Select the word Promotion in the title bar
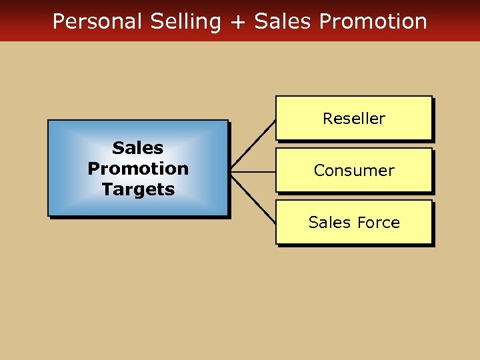tap(373, 21)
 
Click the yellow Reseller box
tap(354, 118)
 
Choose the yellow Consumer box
tap(354, 170)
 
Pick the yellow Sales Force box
tap(354, 222)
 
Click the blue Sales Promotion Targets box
tap(138, 168)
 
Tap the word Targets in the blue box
tap(138, 189)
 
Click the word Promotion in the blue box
tap(138, 169)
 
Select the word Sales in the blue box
tap(138, 147)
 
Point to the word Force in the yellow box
tap(379, 223)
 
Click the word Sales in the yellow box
tap(331, 223)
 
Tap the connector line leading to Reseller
tap(253, 145)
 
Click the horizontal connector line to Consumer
tap(253, 172)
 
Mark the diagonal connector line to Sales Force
tap(253, 199)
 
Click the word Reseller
tap(354, 119)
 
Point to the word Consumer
tap(354, 171)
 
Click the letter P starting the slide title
tap(58, 21)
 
